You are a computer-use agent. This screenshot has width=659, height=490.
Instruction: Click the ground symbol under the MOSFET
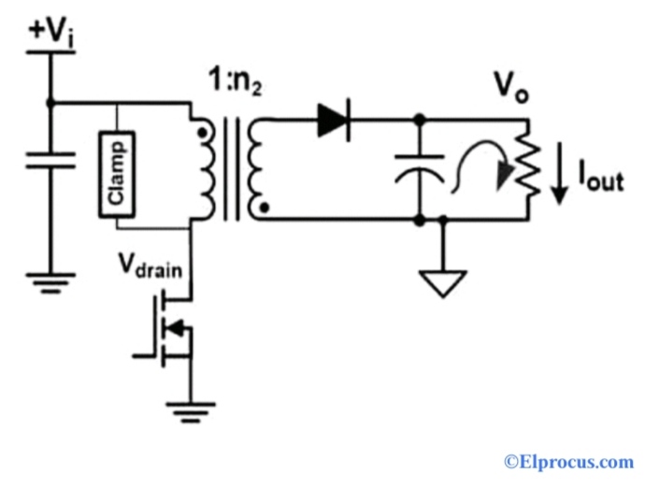pos(193,409)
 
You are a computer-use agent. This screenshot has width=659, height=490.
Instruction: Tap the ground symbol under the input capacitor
pos(50,281)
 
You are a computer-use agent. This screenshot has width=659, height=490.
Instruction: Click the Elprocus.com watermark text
pos(568,461)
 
